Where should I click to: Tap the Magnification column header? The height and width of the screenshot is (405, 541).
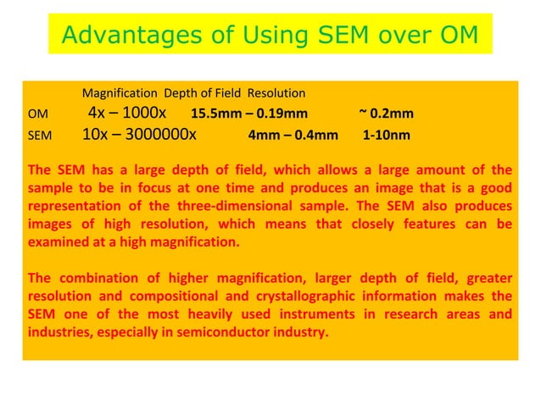(120, 92)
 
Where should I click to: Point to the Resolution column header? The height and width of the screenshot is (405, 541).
(276, 92)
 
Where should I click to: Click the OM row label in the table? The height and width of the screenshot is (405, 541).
(37, 114)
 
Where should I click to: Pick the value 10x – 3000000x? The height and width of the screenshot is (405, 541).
(140, 134)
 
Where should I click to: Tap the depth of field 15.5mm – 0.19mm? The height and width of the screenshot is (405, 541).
(249, 114)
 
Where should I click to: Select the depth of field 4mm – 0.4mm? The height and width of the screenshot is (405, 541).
(293, 135)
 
